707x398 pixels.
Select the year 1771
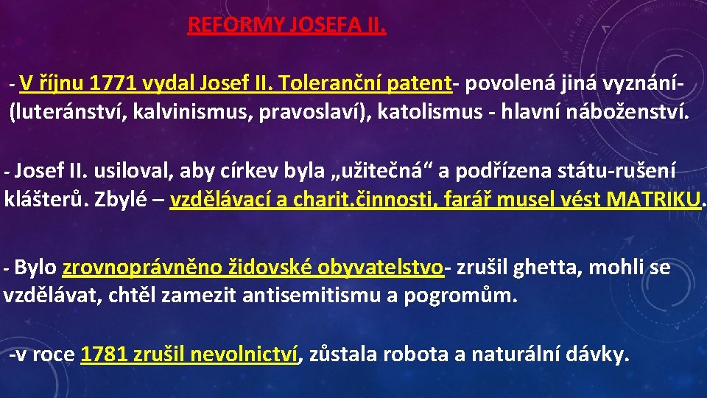108,84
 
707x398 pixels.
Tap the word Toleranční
318,84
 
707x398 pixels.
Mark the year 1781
104,355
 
